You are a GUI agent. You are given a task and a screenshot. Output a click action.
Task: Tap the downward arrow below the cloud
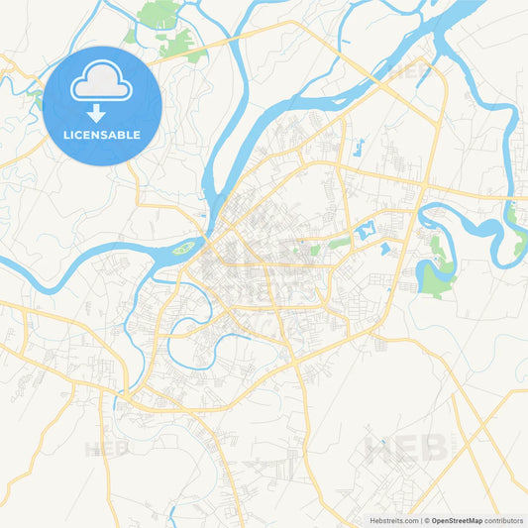click(103, 113)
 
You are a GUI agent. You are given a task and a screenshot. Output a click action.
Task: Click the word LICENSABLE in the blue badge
click(103, 134)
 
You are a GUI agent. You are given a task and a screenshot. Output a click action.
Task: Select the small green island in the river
click(184, 248)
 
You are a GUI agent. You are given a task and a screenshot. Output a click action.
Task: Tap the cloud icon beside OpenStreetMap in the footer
click(426, 519)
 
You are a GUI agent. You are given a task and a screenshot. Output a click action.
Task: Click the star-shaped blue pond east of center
click(363, 232)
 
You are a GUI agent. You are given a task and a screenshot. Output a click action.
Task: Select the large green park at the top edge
click(158, 15)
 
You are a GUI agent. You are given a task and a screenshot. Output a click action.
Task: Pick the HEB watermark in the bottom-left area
click(107, 449)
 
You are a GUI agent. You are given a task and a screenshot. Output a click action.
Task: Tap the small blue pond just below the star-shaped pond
click(384, 249)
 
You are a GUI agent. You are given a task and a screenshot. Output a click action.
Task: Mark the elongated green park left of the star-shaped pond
click(340, 242)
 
